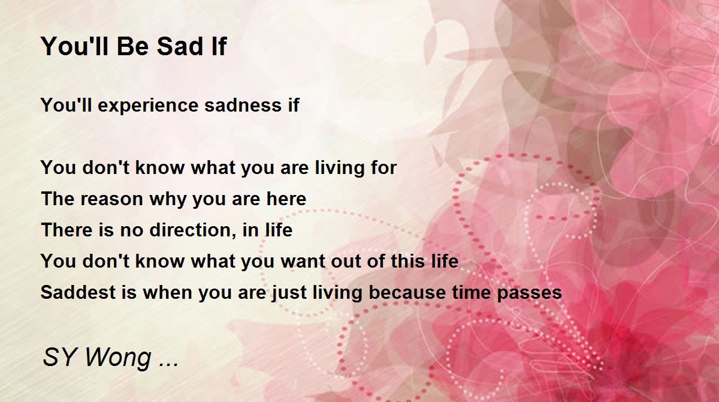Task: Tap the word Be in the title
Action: pos(132,46)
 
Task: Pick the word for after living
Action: pos(383,168)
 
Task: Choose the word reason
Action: pos(111,199)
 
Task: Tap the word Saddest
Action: pos(78,292)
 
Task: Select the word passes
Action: pos(529,293)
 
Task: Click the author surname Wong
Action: pos(118,358)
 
